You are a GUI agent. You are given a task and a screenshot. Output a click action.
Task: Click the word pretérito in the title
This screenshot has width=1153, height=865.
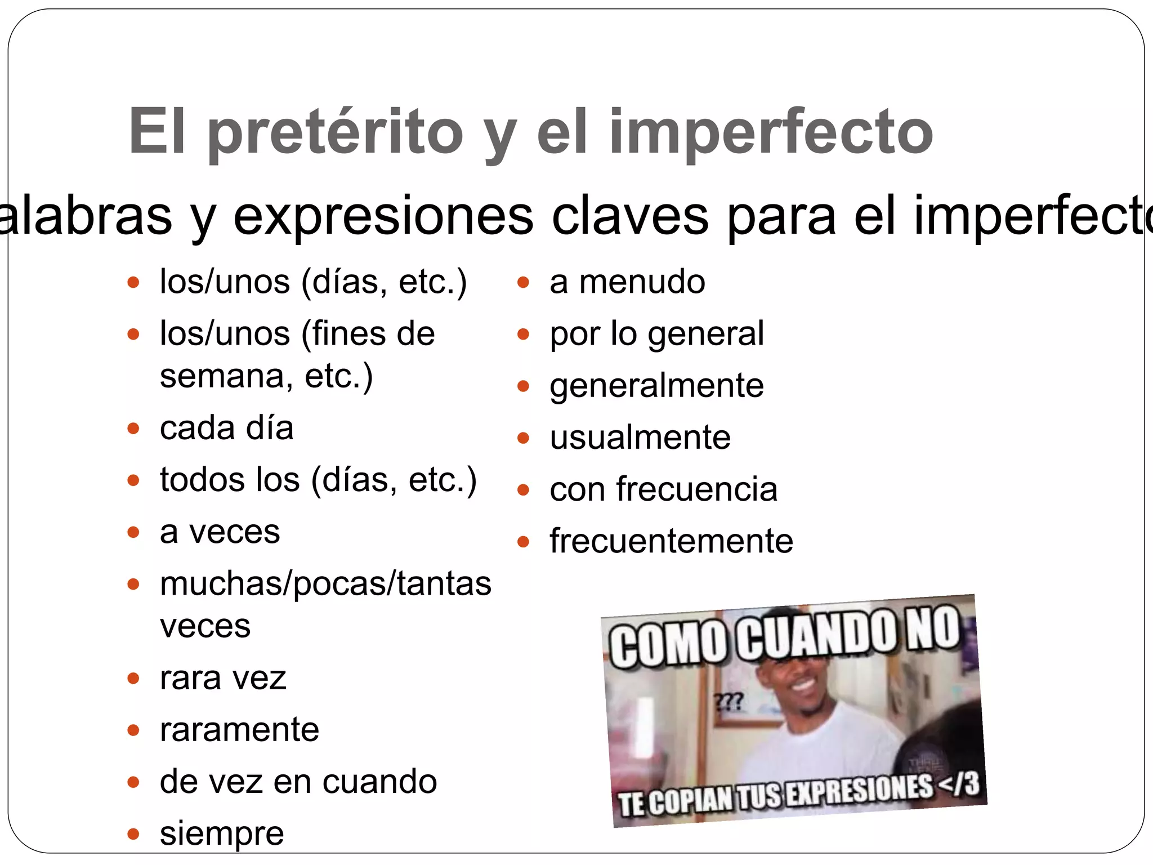336,133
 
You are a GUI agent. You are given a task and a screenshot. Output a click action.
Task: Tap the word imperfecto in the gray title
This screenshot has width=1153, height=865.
771,133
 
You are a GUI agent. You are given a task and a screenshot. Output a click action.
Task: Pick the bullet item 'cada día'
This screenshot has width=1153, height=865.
226,428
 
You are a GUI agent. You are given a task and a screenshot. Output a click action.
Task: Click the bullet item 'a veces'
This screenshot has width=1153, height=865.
220,532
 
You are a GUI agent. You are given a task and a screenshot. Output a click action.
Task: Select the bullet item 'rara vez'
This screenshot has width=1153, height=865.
223,677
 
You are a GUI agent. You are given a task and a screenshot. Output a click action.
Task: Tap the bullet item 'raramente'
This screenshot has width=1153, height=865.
239,729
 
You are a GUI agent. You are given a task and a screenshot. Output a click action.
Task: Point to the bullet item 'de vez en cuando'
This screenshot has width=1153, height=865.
298,781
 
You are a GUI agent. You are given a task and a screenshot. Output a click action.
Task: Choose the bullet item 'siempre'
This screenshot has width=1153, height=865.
222,833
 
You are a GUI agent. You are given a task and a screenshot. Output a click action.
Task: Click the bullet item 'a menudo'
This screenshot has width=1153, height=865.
627,282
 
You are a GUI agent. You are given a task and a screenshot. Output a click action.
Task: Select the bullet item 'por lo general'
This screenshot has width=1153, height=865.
656,333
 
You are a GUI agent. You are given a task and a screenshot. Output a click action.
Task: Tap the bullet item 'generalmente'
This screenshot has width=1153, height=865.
656,386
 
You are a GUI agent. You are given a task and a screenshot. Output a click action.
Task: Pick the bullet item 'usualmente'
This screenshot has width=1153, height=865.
640,438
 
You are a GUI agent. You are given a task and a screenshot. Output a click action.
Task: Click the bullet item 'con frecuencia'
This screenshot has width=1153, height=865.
663,489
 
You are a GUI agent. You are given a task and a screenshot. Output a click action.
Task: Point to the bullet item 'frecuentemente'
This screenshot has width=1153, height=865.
671,541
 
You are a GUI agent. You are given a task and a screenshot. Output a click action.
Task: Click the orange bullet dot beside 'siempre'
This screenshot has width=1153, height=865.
133,833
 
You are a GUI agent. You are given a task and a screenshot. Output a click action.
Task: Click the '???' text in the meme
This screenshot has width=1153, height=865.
729,702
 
